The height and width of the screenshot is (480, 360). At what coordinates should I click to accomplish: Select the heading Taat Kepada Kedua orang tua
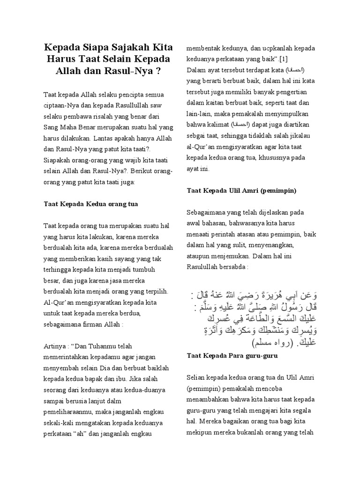coord(90,205)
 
